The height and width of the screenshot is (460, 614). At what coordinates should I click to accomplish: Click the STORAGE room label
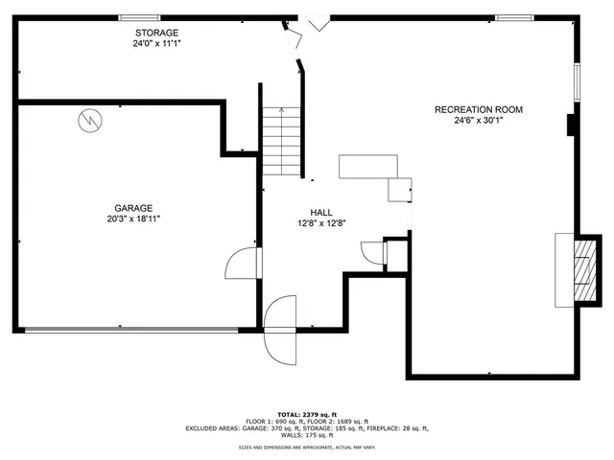pos(155,33)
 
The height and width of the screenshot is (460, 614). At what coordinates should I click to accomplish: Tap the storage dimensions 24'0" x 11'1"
pos(155,43)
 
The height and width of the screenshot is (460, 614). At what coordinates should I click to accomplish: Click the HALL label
pos(321,212)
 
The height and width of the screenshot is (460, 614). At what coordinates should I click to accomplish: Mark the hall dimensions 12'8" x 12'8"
pos(321,222)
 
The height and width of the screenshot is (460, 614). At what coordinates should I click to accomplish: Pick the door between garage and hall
pos(242,262)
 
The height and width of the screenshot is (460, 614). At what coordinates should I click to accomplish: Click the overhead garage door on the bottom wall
pos(131,331)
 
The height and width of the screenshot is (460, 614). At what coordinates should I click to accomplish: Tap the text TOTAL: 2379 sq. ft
pos(307,413)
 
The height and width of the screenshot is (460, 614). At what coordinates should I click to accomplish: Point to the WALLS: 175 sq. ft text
pos(307,436)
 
